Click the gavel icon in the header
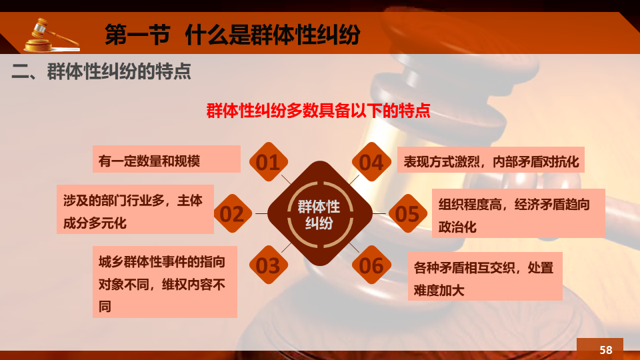click(x=51, y=35)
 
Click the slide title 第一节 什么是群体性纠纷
click(x=232, y=34)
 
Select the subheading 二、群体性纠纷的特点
click(x=101, y=71)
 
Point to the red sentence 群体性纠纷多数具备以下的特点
click(x=318, y=111)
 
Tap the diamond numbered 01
click(x=269, y=161)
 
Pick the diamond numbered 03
click(x=269, y=265)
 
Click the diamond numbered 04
click(x=371, y=161)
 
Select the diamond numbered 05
click(x=407, y=213)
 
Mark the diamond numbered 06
click(x=371, y=265)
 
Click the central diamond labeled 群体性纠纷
click(x=320, y=213)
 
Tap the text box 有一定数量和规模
click(x=167, y=159)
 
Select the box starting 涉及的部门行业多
click(x=135, y=209)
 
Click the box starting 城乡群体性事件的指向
click(x=165, y=281)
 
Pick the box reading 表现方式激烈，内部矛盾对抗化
click(x=491, y=159)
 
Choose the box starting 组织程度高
click(x=519, y=213)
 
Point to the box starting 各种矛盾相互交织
click(x=485, y=276)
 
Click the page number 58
click(x=606, y=350)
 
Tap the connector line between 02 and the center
click(x=261, y=213)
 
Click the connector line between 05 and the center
click(x=379, y=213)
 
